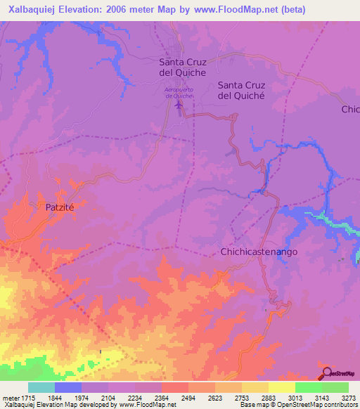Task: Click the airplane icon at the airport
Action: click(179, 105)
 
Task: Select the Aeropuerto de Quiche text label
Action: click(179, 93)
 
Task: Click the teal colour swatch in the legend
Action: click(41, 387)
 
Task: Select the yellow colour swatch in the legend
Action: click(281, 387)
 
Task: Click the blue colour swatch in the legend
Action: click(68, 387)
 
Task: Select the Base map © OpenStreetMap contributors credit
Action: click(298, 405)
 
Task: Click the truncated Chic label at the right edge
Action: click(350, 110)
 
